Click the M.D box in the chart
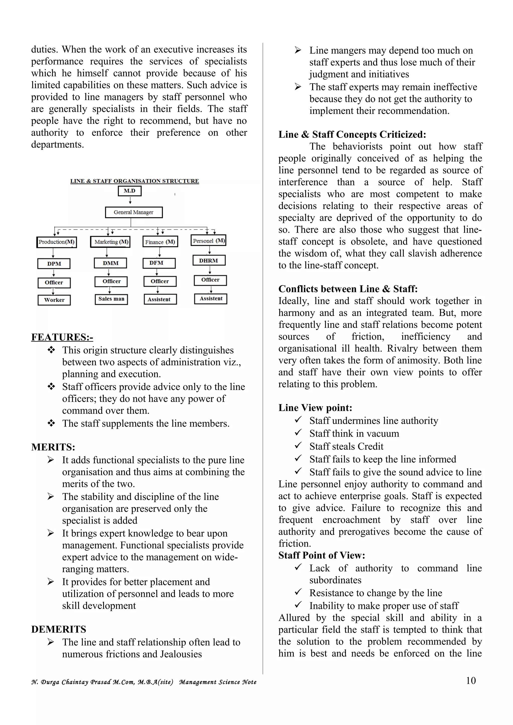click(x=129, y=191)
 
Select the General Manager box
click(x=134, y=212)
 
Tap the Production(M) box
click(x=57, y=242)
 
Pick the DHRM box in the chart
click(x=209, y=260)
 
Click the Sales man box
click(x=111, y=299)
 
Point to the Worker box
click(x=54, y=300)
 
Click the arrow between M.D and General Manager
click(x=130, y=200)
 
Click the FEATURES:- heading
click(x=62, y=337)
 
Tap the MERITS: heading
click(x=53, y=447)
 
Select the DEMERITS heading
click(x=58, y=629)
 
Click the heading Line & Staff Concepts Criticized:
click(x=352, y=135)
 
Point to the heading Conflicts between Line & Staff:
click(x=348, y=289)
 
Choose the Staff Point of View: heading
click(x=321, y=555)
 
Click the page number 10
click(x=471, y=680)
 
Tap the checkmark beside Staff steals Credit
click(x=298, y=446)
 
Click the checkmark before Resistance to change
click(x=298, y=592)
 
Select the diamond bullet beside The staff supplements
click(x=51, y=423)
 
